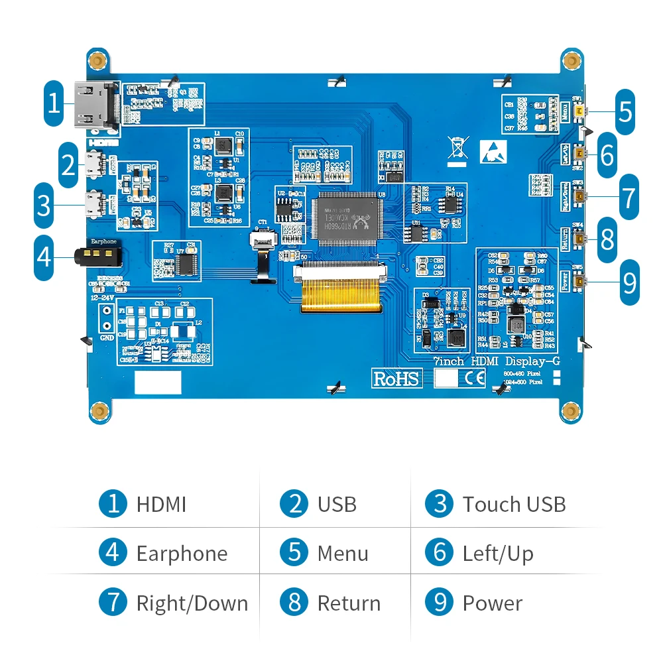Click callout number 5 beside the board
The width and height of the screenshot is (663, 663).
pyautogui.click(x=625, y=111)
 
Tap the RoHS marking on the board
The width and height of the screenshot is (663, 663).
pyautogui.click(x=396, y=378)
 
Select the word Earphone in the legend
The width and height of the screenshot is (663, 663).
pyautogui.click(x=182, y=554)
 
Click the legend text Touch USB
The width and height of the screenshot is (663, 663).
pyautogui.click(x=514, y=505)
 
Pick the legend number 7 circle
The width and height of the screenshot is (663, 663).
pyautogui.click(x=113, y=603)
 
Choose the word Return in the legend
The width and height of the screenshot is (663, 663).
pyautogui.click(x=349, y=603)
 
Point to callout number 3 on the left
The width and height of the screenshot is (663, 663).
pyautogui.click(x=44, y=206)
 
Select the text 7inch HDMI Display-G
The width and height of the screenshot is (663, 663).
pyautogui.click(x=496, y=362)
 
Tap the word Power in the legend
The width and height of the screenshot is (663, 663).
pyautogui.click(x=492, y=603)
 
